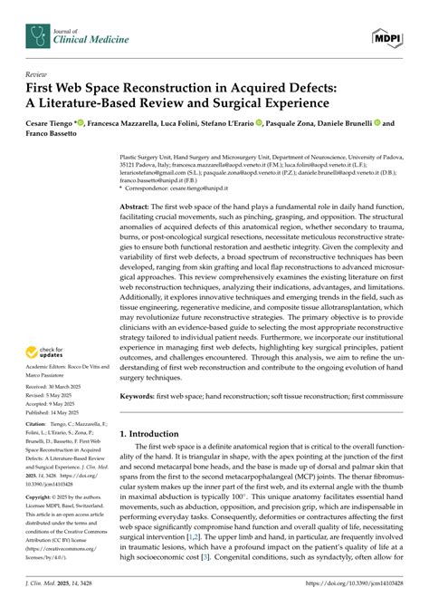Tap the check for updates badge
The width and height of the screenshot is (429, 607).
click(x=47, y=351)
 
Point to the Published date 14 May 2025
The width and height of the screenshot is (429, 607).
click(x=62, y=411)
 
